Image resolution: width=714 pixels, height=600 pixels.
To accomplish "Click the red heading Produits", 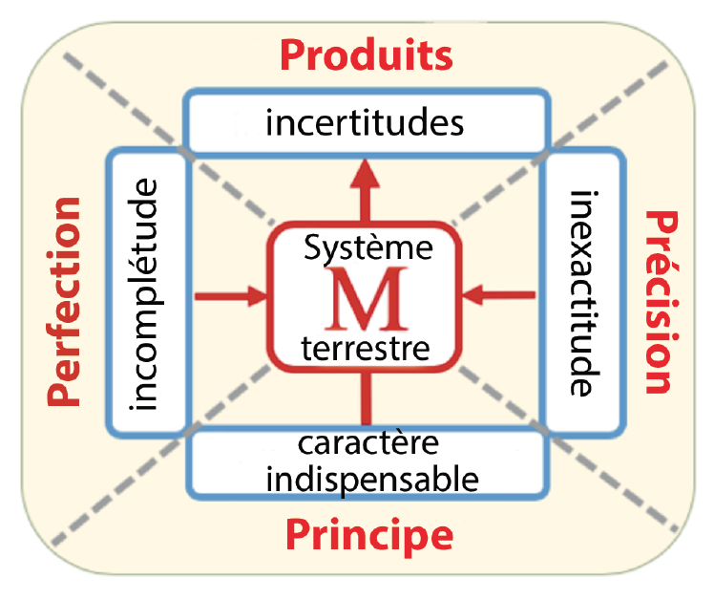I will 367,55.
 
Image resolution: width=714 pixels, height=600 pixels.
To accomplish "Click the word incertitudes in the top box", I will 367,124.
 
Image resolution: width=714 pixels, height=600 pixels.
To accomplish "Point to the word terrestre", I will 366,346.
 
